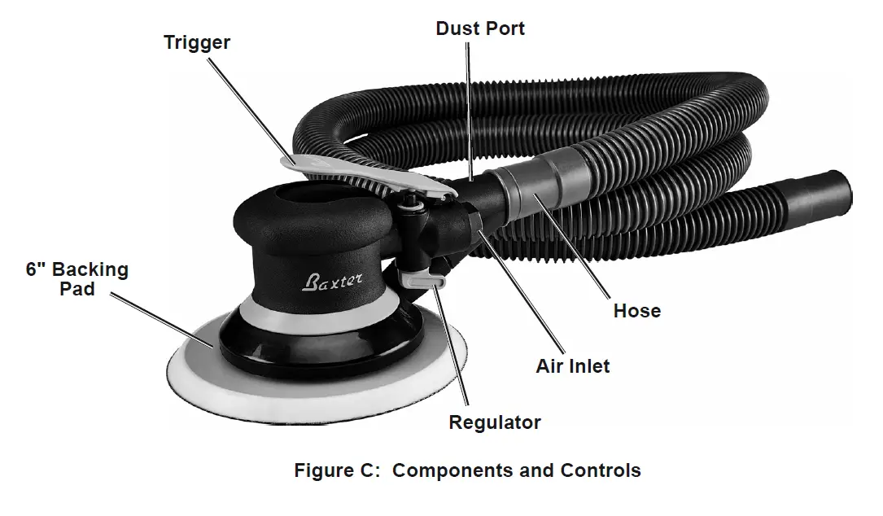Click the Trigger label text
coord(196,42)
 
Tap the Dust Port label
coord(480,28)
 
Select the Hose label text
coord(636,310)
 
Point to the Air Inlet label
coord(572,366)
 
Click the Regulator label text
coord(495,422)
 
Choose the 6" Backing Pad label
coord(77,278)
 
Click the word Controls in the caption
coord(600,470)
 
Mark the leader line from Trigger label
coord(252,106)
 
